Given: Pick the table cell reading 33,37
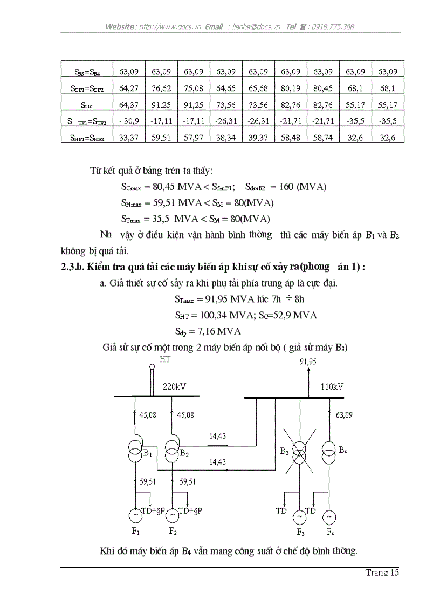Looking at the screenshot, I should point(129,138).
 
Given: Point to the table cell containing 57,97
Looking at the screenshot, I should point(194,138).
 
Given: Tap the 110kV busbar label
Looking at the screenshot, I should point(332,387).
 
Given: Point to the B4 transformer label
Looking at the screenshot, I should point(342,449).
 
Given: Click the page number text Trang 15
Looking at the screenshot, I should point(382,573).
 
